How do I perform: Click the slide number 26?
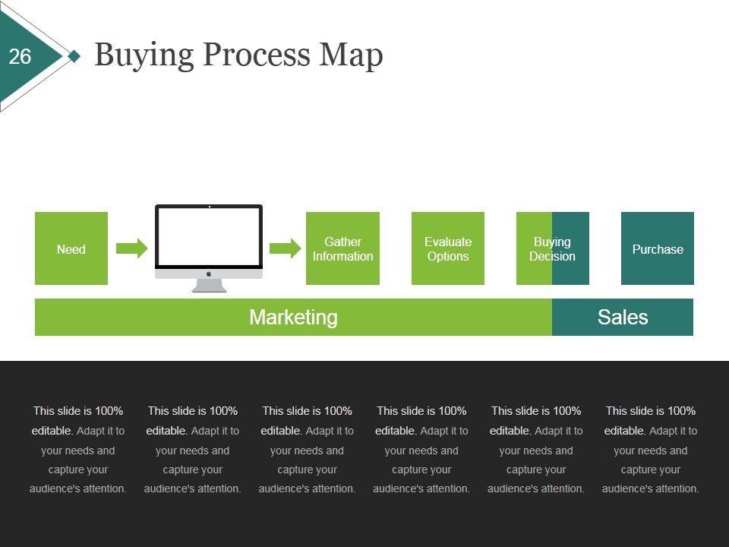tap(20, 57)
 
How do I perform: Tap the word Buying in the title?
tap(144, 55)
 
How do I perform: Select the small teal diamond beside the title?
tap(74, 56)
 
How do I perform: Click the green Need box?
tap(71, 248)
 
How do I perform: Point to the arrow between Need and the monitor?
tap(131, 248)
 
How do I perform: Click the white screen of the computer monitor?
tap(209, 236)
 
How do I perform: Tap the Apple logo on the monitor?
tap(209, 274)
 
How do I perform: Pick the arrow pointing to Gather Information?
tap(285, 248)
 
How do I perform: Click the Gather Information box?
tap(342, 248)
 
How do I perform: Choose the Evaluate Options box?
tap(448, 248)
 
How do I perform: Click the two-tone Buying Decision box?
tap(552, 248)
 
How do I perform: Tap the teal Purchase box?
tap(658, 248)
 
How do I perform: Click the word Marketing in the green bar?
tap(293, 318)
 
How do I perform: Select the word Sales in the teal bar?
tap(623, 318)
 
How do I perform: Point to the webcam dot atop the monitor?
tap(210, 207)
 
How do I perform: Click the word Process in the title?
tap(256, 55)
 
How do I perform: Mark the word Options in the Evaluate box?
tap(448, 256)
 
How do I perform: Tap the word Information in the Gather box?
tap(342, 256)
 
